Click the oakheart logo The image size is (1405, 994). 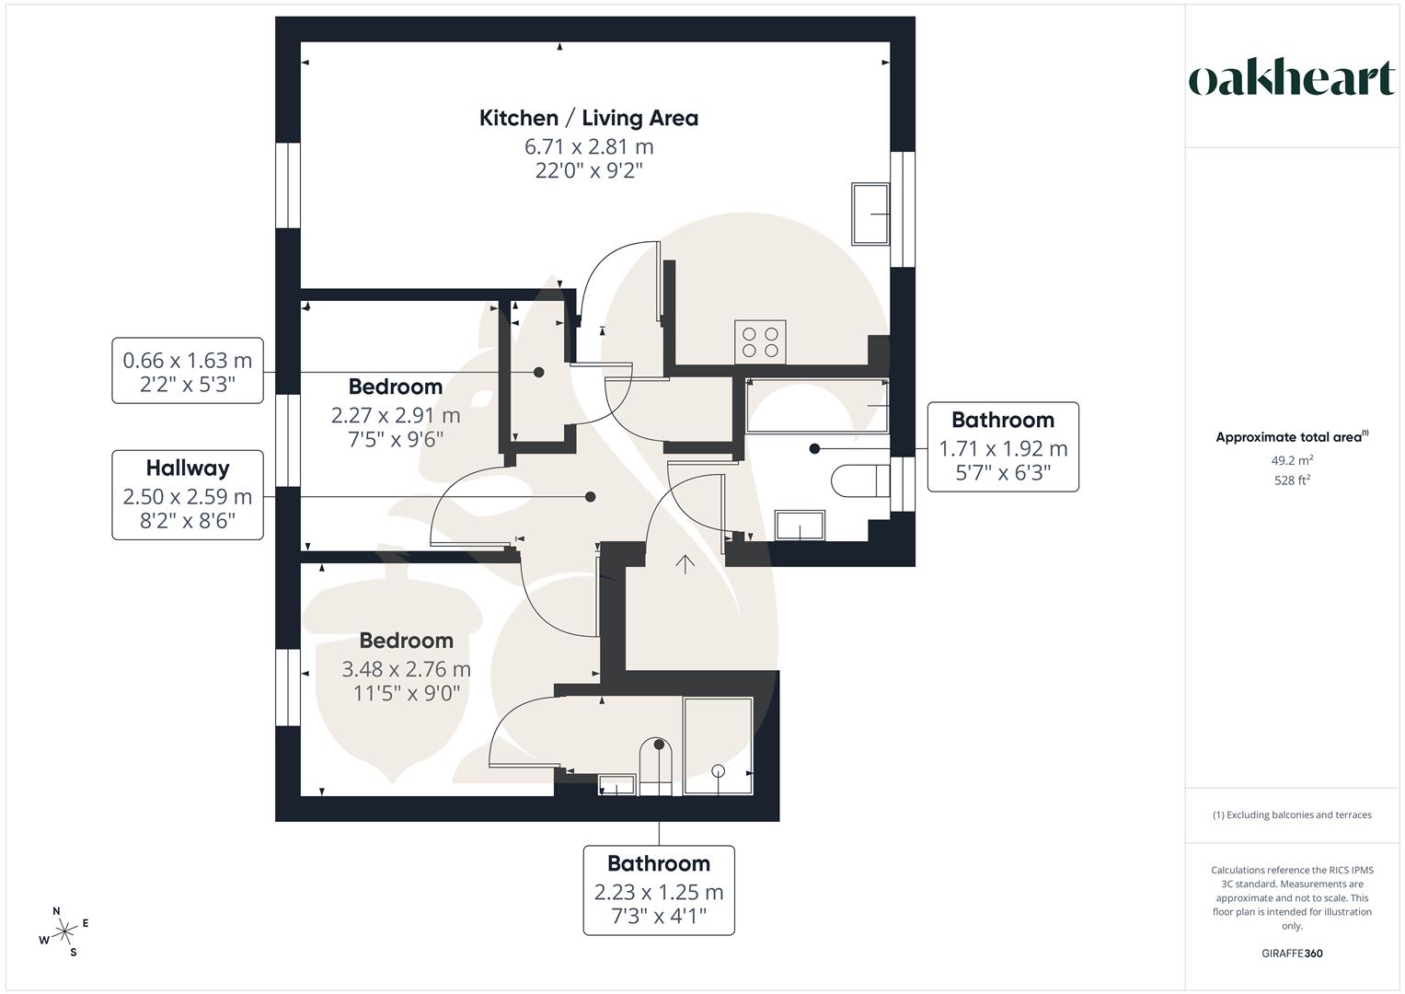(1291, 79)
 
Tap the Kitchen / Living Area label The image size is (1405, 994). (588, 118)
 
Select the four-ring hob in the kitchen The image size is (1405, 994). (759, 342)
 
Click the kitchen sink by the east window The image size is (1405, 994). (869, 214)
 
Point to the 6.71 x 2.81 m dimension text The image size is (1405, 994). (588, 146)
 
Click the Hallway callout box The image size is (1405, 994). (188, 495)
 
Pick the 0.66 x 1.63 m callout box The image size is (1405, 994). (188, 371)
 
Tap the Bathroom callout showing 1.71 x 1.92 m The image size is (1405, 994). (1002, 446)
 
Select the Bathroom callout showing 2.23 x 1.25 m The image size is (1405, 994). (659, 890)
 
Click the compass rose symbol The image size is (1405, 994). (64, 932)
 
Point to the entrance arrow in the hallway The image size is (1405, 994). (685, 563)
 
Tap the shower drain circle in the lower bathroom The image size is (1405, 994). (719, 770)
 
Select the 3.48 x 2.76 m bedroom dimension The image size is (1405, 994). (406, 668)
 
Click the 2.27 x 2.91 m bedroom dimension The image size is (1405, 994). (396, 415)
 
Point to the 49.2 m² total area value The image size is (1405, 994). (1292, 460)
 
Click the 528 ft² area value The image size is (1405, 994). (1292, 480)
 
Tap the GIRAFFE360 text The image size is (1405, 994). (1292, 954)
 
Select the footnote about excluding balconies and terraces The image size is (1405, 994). (1292, 815)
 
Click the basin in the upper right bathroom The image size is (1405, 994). (800, 526)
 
